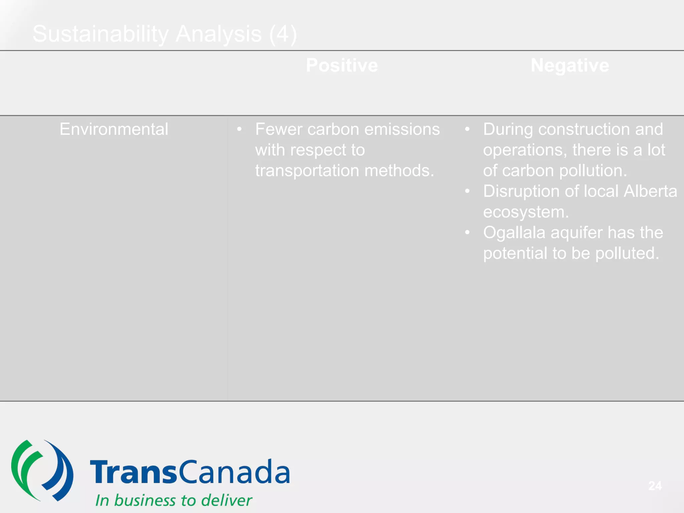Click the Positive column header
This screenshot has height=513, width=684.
tap(342, 65)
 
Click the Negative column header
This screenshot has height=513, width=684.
tap(570, 65)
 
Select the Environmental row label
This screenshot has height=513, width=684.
tap(114, 129)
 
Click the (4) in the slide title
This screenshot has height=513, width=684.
tap(283, 34)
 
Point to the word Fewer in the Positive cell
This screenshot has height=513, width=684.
tap(278, 129)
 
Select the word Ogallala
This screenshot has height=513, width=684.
tap(514, 233)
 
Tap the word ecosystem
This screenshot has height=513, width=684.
tap(525, 212)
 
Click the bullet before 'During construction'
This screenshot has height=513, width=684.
tap(467, 129)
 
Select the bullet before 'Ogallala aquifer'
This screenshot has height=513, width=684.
tap(467, 232)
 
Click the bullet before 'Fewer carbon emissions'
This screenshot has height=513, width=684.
tap(239, 129)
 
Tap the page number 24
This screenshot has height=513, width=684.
tap(655, 486)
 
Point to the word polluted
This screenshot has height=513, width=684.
tap(627, 253)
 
